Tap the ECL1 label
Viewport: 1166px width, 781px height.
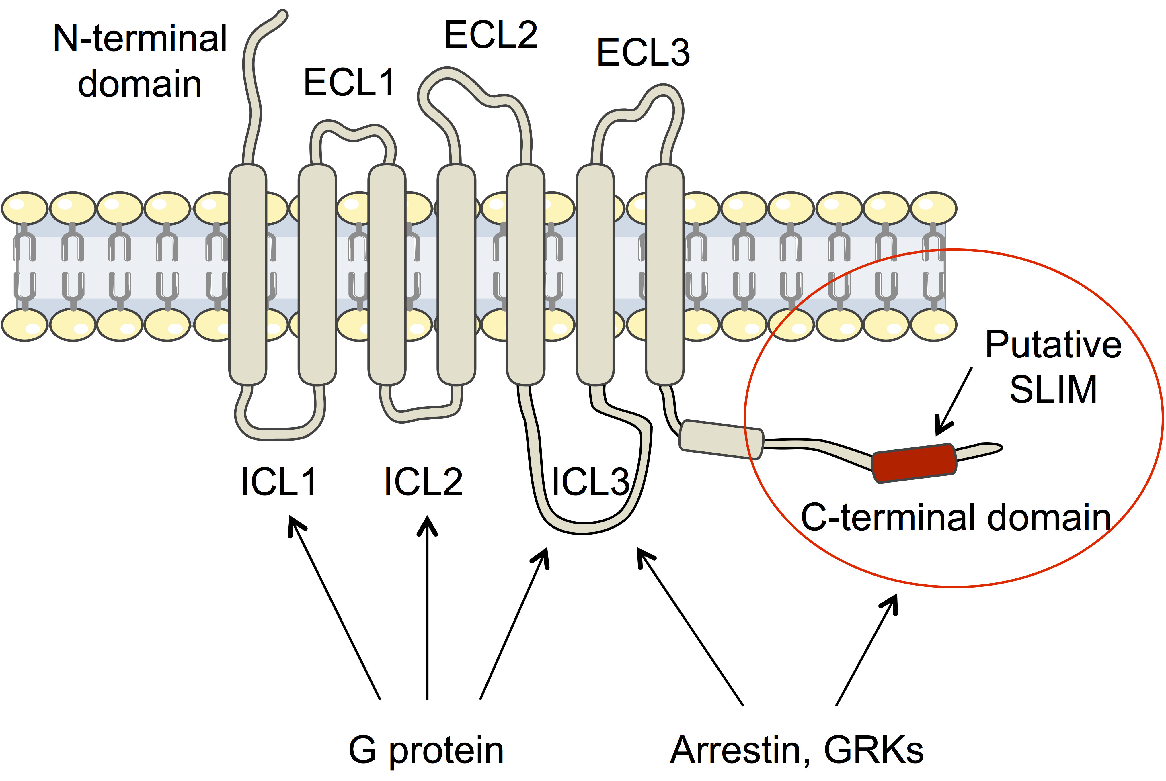(x=349, y=83)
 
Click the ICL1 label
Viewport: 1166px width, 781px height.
(x=278, y=482)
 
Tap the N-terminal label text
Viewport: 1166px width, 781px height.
(x=140, y=39)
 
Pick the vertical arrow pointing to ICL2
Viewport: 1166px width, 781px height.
(x=427, y=608)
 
